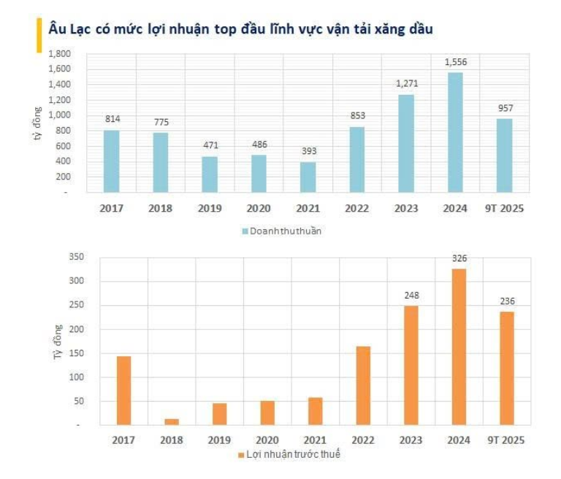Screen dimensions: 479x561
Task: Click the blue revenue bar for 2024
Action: click(454, 131)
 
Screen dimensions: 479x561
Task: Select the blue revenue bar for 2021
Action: click(308, 177)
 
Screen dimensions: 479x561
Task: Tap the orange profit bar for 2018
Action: click(171, 421)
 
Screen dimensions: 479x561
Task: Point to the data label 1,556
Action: click(455, 63)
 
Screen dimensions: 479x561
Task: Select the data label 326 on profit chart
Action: click(459, 258)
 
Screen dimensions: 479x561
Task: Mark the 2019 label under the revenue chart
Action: click(210, 209)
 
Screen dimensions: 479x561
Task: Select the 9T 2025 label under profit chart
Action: click(505, 440)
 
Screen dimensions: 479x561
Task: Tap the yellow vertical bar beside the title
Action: click(39, 35)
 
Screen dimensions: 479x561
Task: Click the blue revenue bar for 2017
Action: click(111, 161)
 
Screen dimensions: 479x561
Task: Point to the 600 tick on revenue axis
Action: click(64, 146)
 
